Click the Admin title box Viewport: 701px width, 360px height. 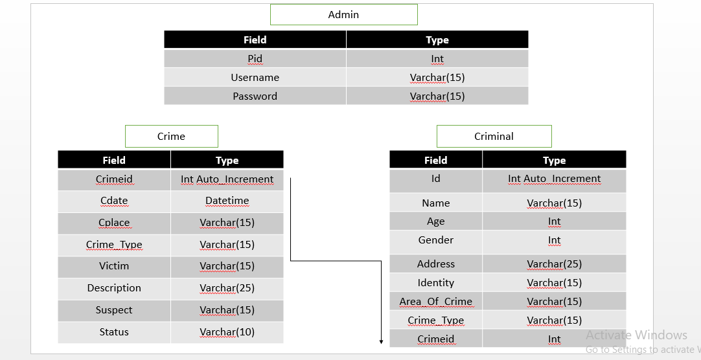(343, 14)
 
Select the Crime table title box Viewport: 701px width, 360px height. (171, 136)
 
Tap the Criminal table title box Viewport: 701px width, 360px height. (494, 136)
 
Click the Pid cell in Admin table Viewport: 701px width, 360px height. (255, 59)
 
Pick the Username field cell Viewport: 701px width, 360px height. (255, 78)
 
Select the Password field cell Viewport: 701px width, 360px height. (255, 96)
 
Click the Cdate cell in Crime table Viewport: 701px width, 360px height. (114, 201)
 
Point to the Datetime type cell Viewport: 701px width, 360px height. (227, 201)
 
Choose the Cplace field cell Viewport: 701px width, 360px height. (114, 223)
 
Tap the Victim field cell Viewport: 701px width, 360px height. (114, 266)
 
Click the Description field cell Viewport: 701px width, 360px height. (114, 288)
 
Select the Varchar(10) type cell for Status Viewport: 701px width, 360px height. (227, 332)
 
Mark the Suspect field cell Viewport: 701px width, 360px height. (114, 310)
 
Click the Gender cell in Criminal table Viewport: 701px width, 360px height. (435, 240)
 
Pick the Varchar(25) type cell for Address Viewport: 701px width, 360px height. (554, 264)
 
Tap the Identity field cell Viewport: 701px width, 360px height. (435, 283)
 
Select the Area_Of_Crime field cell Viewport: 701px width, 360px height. (435, 302)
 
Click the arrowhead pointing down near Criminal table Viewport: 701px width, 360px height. (381, 341)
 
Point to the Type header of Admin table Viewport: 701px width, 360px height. (437, 40)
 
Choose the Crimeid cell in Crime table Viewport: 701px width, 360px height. (114, 179)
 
